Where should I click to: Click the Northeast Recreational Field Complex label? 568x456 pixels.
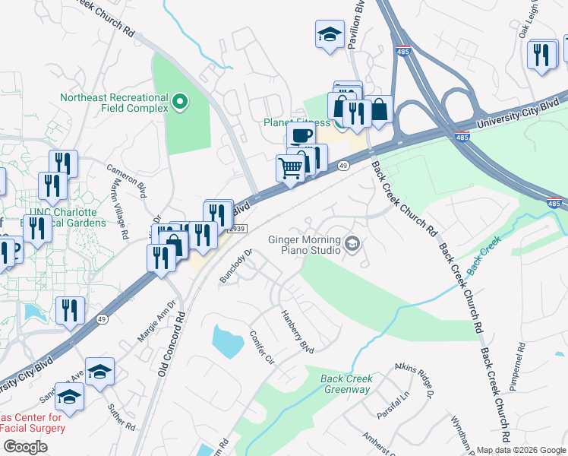pos(114,103)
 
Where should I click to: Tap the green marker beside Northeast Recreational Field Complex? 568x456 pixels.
pos(180,101)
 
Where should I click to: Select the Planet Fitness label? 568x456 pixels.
pos(296,122)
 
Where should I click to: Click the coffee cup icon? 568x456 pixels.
pos(301,136)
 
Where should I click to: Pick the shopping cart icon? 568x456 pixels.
pos(290,168)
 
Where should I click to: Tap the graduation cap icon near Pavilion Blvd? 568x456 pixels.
pos(330,34)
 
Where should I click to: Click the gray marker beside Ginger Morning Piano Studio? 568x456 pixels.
pos(352,244)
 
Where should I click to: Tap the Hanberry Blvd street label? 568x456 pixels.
pos(298,331)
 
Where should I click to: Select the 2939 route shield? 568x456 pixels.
pos(238,229)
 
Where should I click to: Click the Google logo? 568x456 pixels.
pos(25,447)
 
